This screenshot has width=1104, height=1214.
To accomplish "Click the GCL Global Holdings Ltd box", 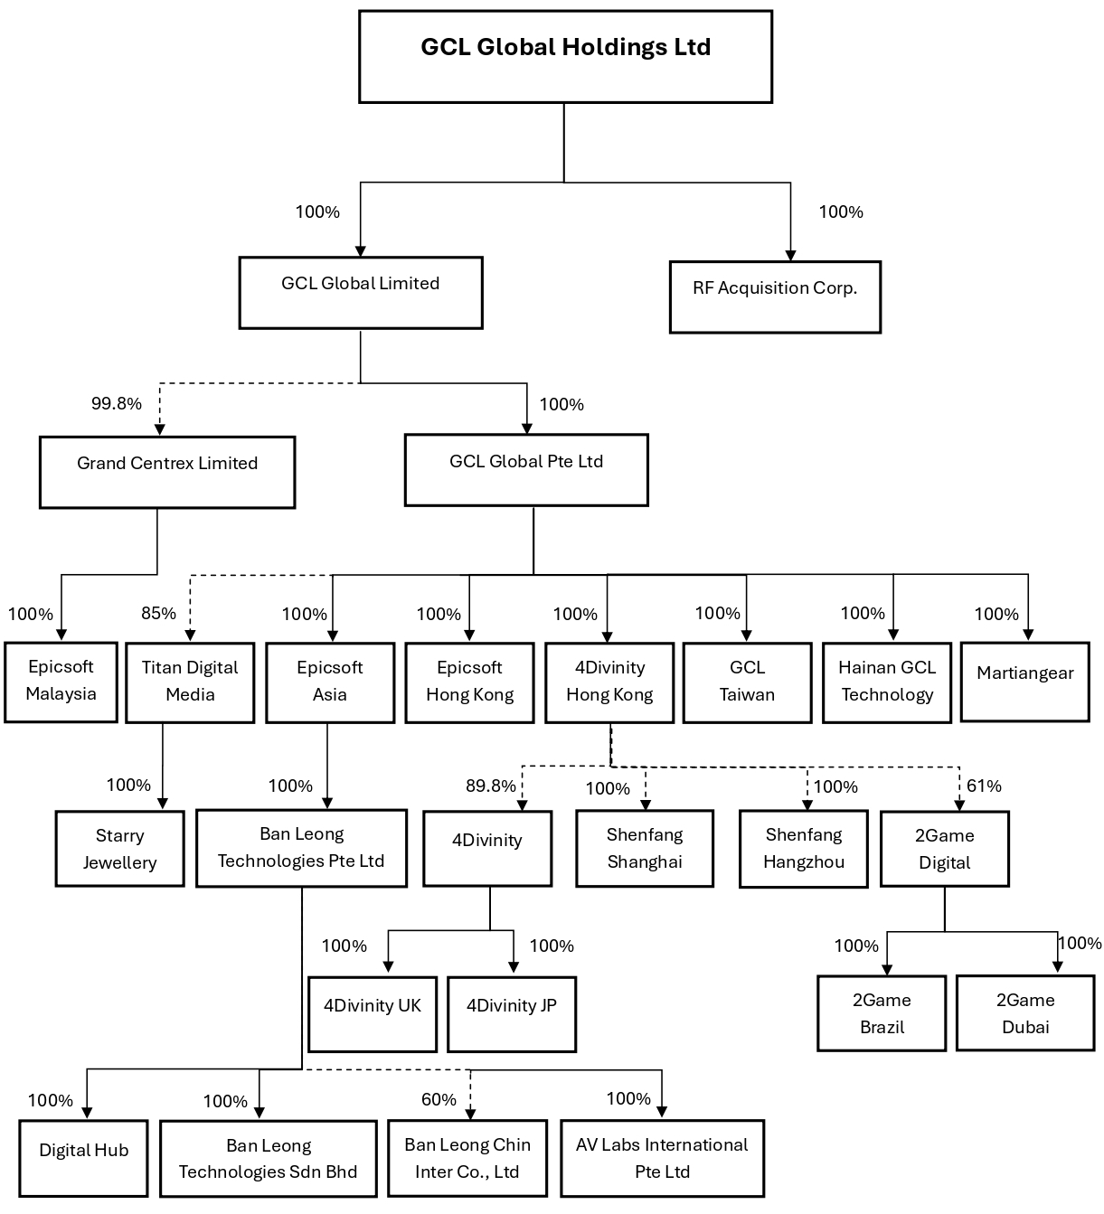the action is click(x=565, y=56).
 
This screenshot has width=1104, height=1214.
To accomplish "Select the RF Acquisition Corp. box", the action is click(x=775, y=296).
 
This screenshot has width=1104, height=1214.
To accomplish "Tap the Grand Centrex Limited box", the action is click(x=167, y=472).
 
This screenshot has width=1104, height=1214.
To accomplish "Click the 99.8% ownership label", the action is click(x=117, y=403).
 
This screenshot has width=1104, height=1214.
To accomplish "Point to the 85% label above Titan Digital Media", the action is click(x=158, y=613).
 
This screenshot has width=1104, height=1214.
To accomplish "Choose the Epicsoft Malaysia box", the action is click(x=61, y=682).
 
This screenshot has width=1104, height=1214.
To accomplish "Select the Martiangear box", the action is click(x=1024, y=682).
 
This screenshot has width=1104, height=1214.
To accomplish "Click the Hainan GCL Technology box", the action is click(x=887, y=682).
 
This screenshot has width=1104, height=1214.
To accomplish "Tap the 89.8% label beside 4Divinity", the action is click(x=491, y=786).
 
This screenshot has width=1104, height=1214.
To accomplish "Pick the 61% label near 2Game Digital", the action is click(x=984, y=786).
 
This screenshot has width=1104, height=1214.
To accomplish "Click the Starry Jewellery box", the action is click(x=119, y=849).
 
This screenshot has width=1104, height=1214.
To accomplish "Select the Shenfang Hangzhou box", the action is click(x=803, y=849).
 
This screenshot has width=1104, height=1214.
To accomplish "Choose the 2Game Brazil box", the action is click(x=882, y=1013).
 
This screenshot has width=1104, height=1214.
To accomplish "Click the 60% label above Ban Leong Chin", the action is click(x=439, y=1099).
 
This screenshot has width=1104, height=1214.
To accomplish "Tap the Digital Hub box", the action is click(x=83, y=1158).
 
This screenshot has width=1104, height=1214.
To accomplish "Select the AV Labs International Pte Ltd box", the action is click(x=662, y=1158).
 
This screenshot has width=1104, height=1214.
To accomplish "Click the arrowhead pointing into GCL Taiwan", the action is click(x=746, y=635).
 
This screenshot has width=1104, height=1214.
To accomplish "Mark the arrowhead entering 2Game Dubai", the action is click(x=1057, y=967).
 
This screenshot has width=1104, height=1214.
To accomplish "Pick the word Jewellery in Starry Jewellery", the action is click(x=119, y=862).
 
